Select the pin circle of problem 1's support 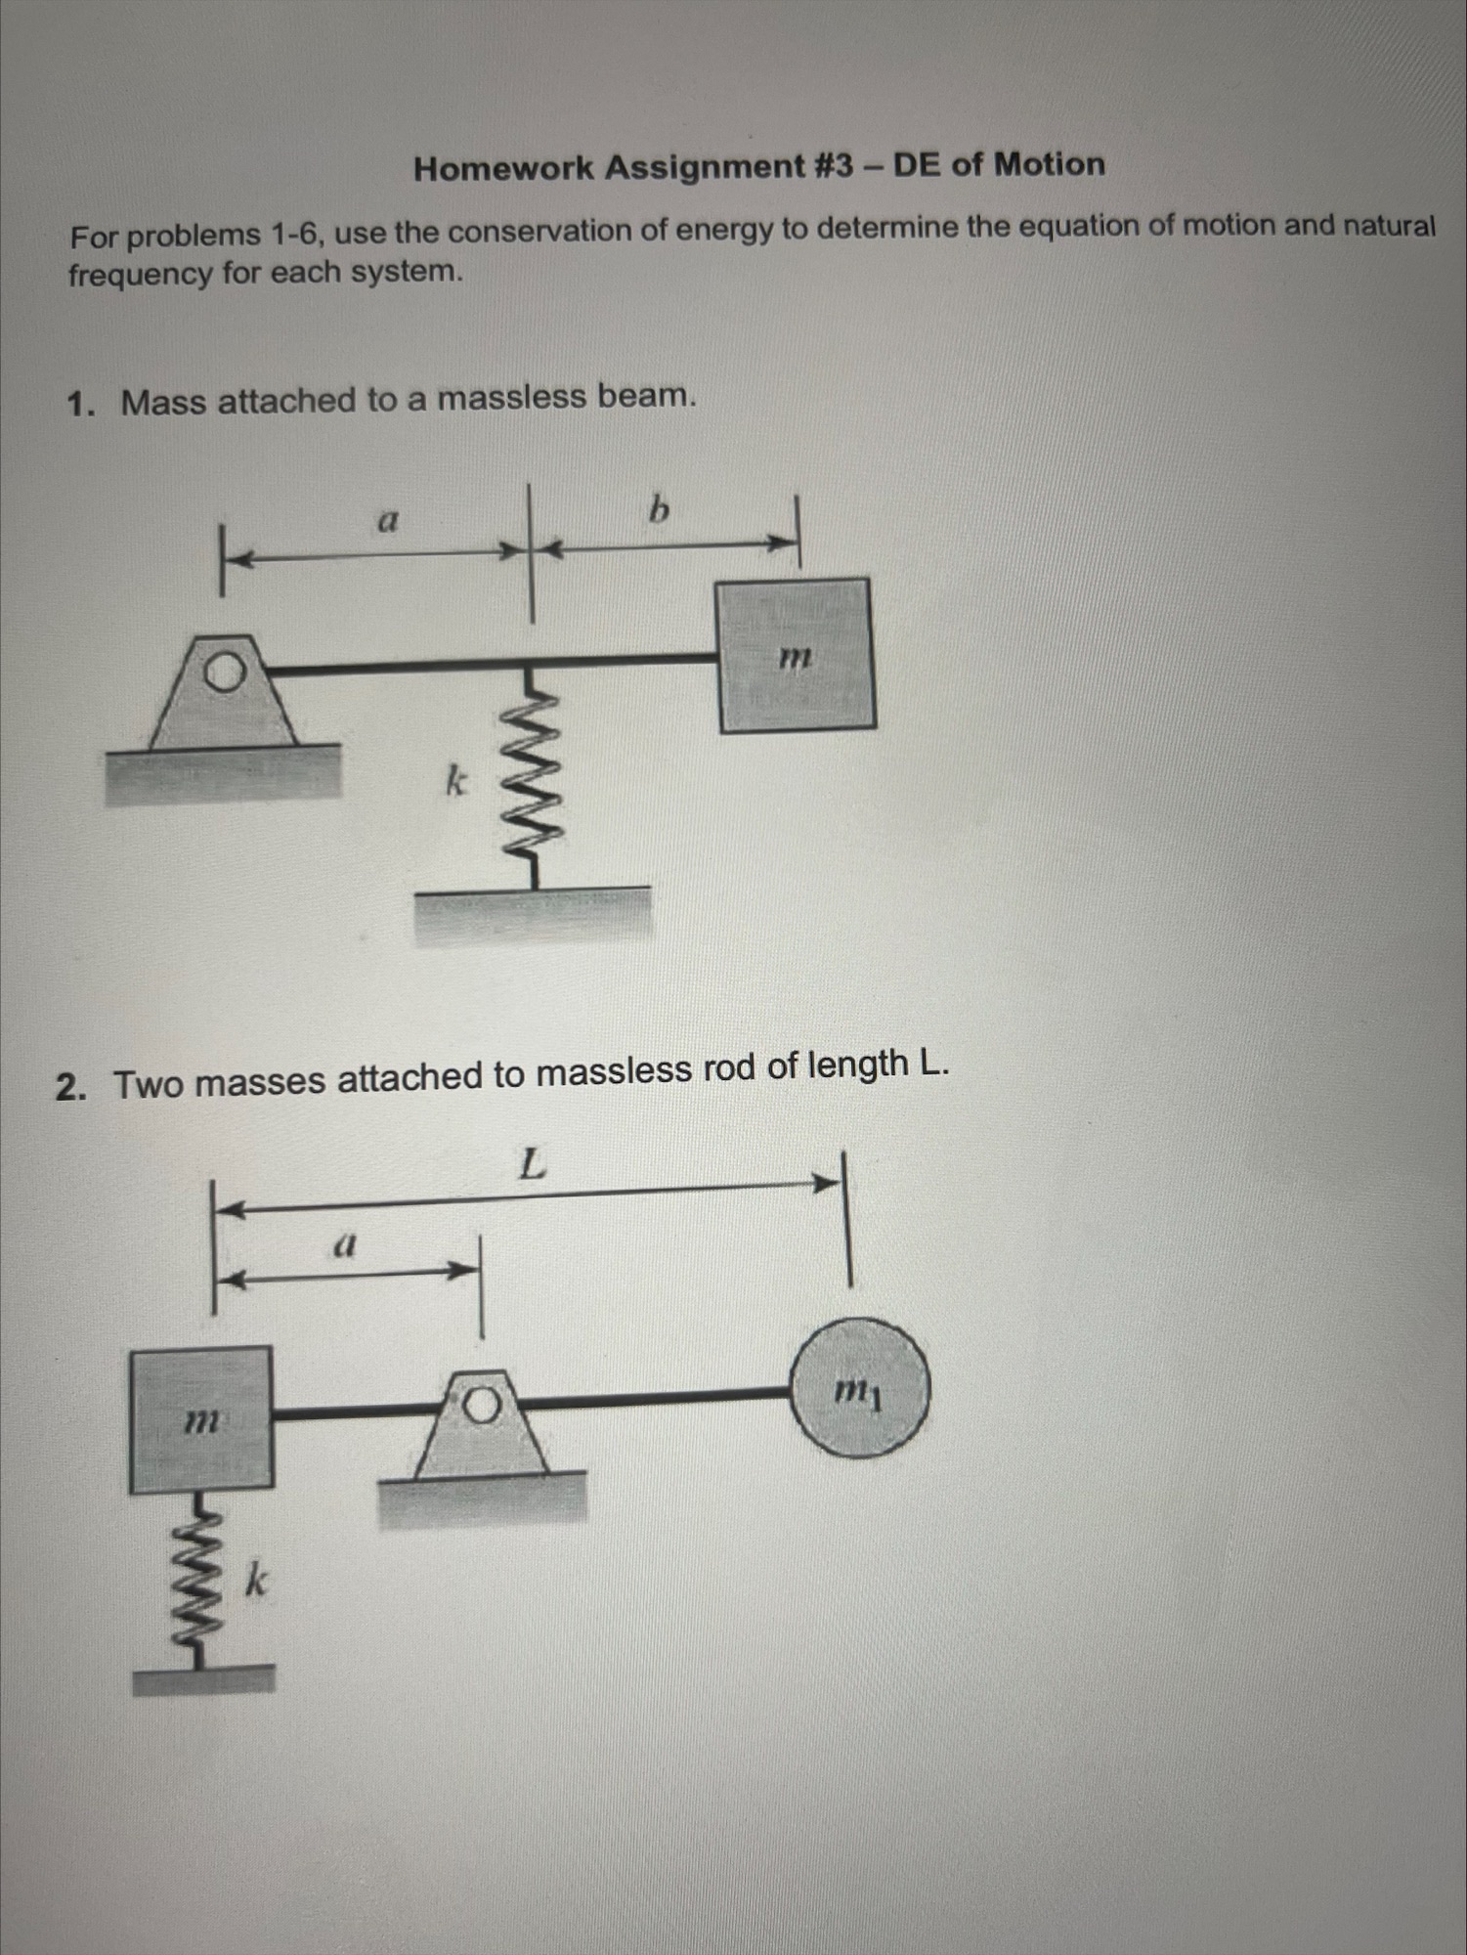point(225,673)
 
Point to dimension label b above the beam point(660,510)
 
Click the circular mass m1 point(859,1389)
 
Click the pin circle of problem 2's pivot point(481,1406)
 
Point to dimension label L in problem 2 point(531,1164)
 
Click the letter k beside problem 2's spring point(255,1580)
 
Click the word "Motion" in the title point(1049,163)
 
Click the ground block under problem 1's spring point(534,916)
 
